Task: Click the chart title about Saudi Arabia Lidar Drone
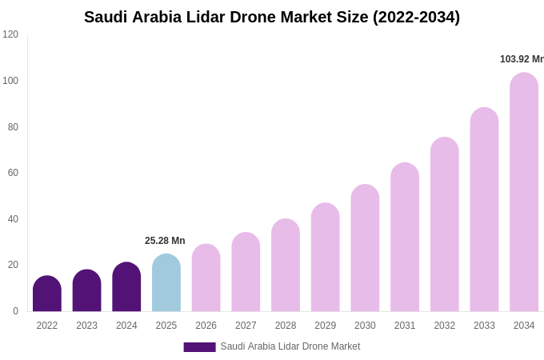(x=272, y=17)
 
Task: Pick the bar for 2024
(x=126, y=288)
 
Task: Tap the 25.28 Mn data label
(x=165, y=241)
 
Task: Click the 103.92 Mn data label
(x=522, y=59)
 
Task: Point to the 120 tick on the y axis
(x=10, y=34)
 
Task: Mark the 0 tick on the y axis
(x=15, y=311)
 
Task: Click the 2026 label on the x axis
(x=206, y=326)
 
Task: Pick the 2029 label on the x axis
(x=326, y=326)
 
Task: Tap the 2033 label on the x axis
(x=484, y=326)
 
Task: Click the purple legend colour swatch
(x=199, y=347)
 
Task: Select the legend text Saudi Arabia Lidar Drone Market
(x=290, y=346)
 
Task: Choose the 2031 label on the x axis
(x=405, y=326)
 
